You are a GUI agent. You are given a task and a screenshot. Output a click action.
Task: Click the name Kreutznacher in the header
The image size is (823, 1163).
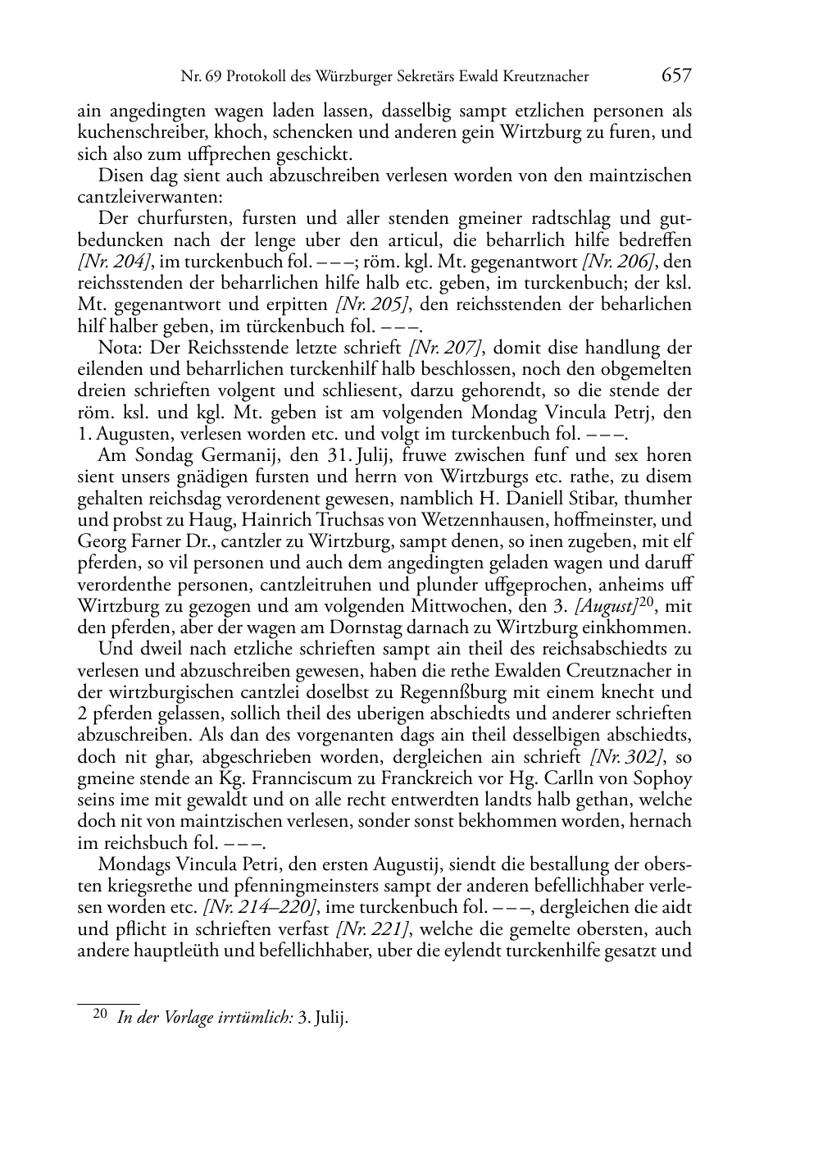(x=549, y=78)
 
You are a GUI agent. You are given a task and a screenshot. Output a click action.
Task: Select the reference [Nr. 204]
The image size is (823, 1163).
(x=106, y=262)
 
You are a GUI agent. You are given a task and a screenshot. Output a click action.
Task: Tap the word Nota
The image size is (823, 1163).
(x=116, y=348)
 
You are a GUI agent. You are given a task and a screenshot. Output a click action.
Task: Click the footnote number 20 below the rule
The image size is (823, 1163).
(x=100, y=1014)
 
